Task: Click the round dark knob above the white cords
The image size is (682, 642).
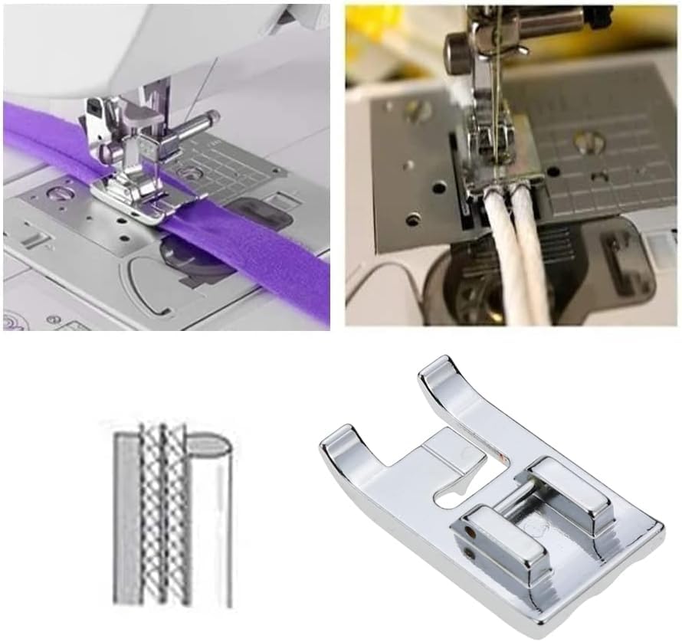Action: click(458, 51)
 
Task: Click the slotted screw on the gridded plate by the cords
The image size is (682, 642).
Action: click(587, 142)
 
